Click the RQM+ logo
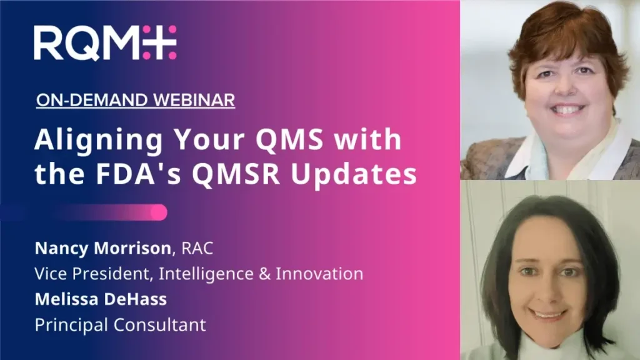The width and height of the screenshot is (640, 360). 105,42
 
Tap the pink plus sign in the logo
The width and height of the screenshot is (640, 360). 159,42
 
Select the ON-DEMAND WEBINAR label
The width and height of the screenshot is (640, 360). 135,100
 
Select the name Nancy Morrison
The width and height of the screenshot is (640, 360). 102,248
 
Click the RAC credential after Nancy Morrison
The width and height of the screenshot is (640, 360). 197,248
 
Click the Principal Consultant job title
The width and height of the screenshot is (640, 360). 120,324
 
